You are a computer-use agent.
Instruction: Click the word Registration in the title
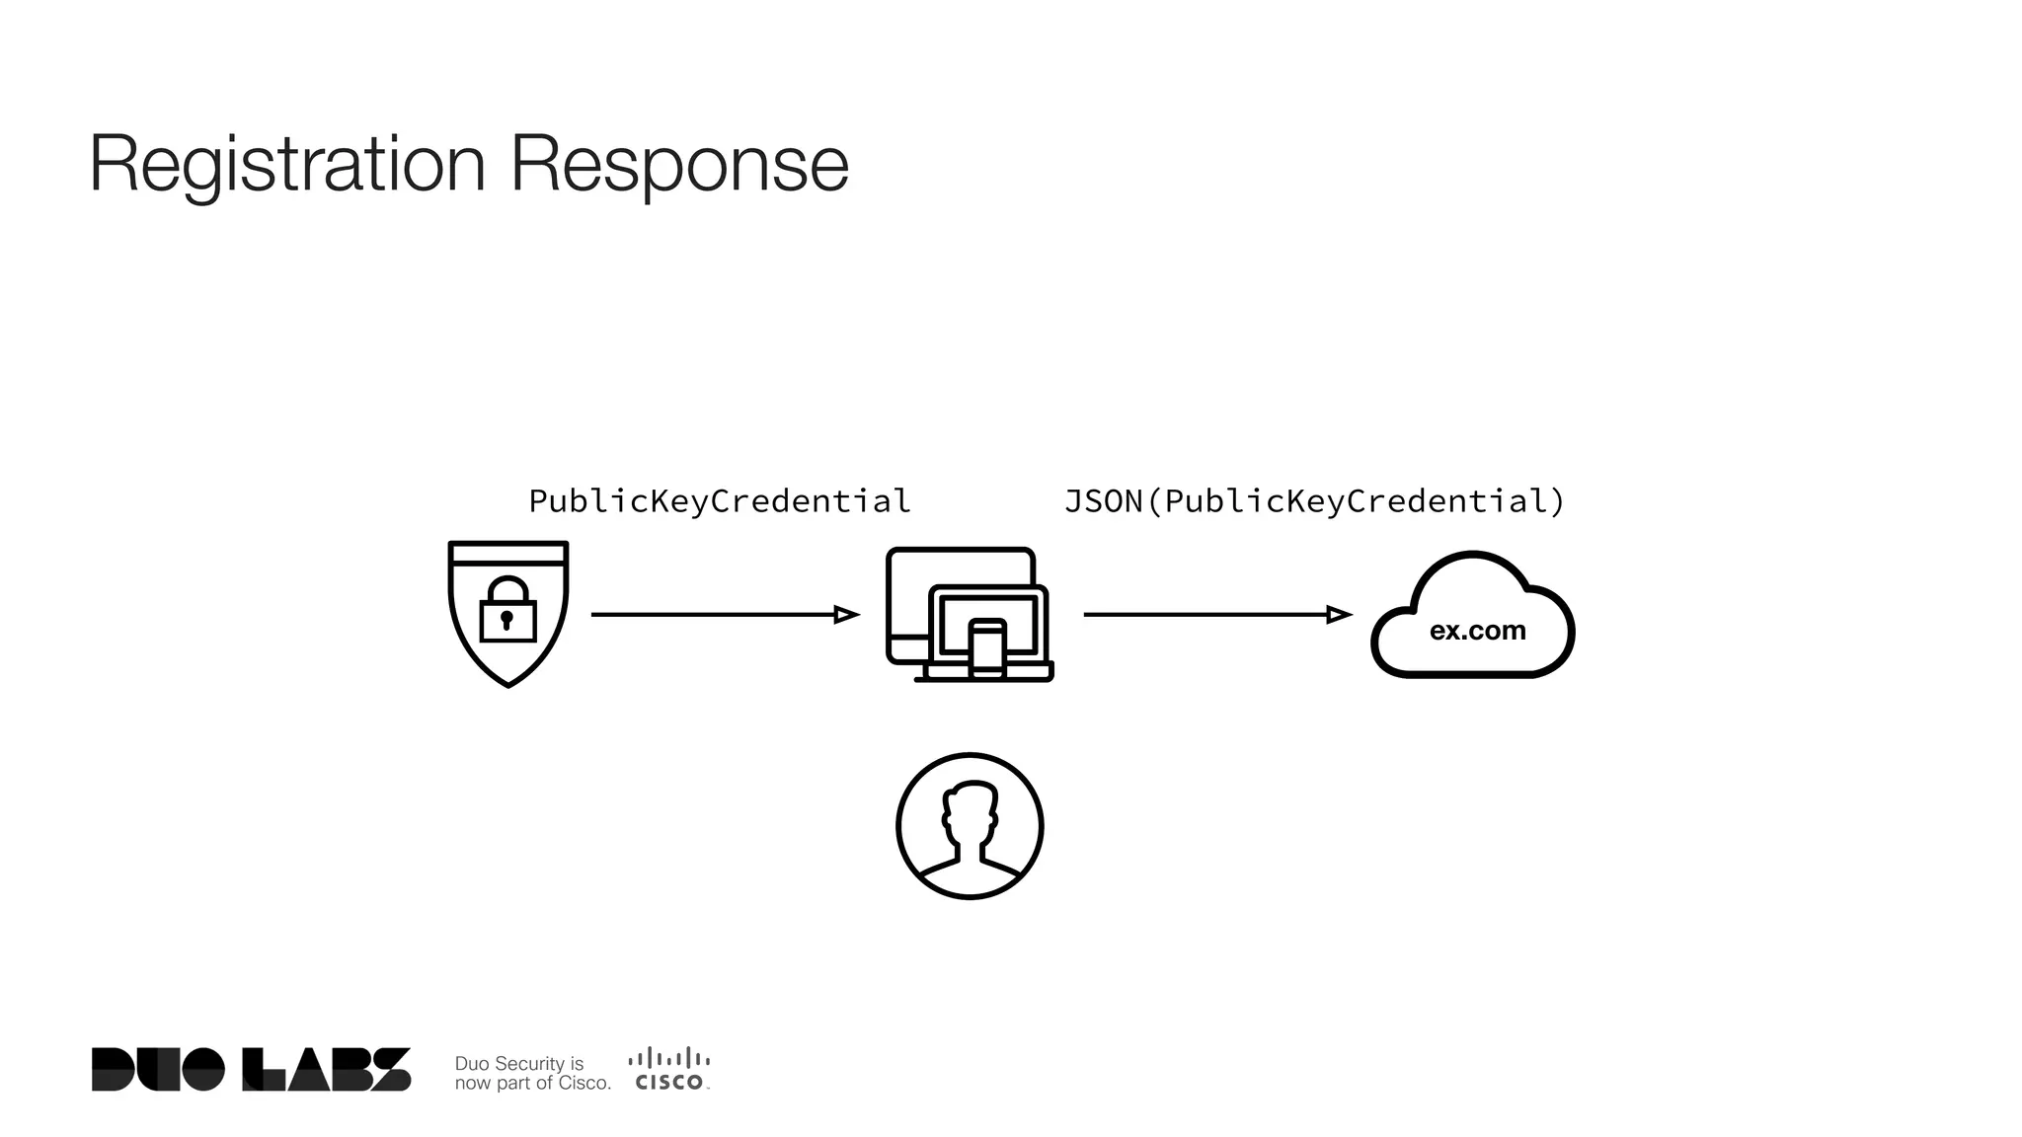click(287, 164)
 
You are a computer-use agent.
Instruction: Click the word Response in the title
click(679, 164)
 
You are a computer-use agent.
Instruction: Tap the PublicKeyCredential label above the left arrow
click(719, 501)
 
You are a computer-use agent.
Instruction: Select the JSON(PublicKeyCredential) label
click(1314, 501)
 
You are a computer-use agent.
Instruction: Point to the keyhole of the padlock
click(506, 620)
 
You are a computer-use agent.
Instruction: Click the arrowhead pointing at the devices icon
click(847, 615)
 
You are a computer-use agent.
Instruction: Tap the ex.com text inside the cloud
click(1477, 631)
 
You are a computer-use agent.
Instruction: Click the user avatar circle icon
click(970, 826)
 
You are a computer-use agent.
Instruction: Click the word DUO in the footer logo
click(158, 1069)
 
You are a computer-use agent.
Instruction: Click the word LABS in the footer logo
click(327, 1069)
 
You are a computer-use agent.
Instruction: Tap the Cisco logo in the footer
click(669, 1069)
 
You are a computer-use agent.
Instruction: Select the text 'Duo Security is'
click(519, 1063)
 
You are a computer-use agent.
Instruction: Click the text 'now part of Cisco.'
click(532, 1083)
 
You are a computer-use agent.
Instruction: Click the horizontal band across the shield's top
click(507, 554)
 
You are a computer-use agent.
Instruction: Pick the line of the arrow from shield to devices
click(711, 615)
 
